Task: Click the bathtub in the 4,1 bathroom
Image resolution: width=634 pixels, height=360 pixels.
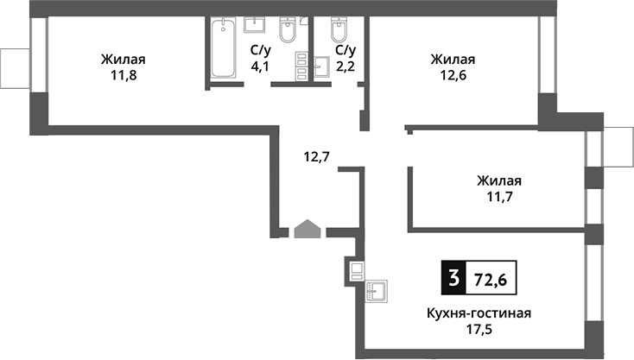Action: pyautogui.click(x=223, y=51)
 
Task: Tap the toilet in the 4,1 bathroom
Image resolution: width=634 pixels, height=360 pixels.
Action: pyautogui.click(x=290, y=31)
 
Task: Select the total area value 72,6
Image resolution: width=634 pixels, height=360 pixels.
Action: pyautogui.click(x=491, y=278)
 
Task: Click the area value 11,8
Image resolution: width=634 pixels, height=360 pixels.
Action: pyautogui.click(x=122, y=75)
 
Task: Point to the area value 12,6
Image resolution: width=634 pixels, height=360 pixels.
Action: pyautogui.click(x=453, y=75)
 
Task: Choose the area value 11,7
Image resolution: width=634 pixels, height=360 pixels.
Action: pyautogui.click(x=498, y=197)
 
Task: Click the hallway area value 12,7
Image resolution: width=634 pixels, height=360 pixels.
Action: pyautogui.click(x=317, y=156)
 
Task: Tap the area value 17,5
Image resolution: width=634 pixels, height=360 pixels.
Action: pyautogui.click(x=477, y=329)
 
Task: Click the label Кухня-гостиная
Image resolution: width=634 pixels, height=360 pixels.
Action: pyautogui.click(x=477, y=313)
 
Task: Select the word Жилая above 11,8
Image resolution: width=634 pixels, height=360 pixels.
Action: pyautogui.click(x=122, y=60)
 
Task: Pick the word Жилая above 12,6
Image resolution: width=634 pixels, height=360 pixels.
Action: pyautogui.click(x=453, y=60)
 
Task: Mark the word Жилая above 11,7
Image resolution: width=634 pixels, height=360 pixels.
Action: pyautogui.click(x=498, y=181)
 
